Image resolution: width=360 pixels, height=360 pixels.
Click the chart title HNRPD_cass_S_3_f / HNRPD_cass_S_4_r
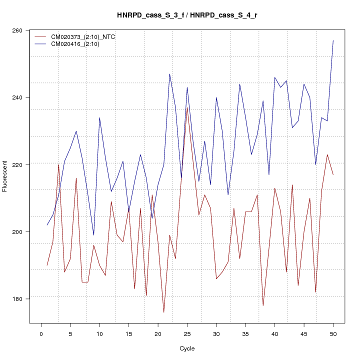click(x=187, y=15)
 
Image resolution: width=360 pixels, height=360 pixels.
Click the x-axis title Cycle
click(x=187, y=348)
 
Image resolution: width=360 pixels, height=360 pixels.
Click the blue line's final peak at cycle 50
click(x=333, y=40)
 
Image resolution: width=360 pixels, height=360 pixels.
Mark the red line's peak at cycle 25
click(x=187, y=107)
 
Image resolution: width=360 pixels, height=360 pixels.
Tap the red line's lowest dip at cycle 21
click(x=164, y=312)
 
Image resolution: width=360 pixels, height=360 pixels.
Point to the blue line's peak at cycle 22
click(x=170, y=74)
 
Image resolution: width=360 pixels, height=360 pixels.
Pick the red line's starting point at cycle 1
click(x=47, y=265)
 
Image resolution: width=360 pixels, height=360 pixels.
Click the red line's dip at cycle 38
click(x=263, y=305)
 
